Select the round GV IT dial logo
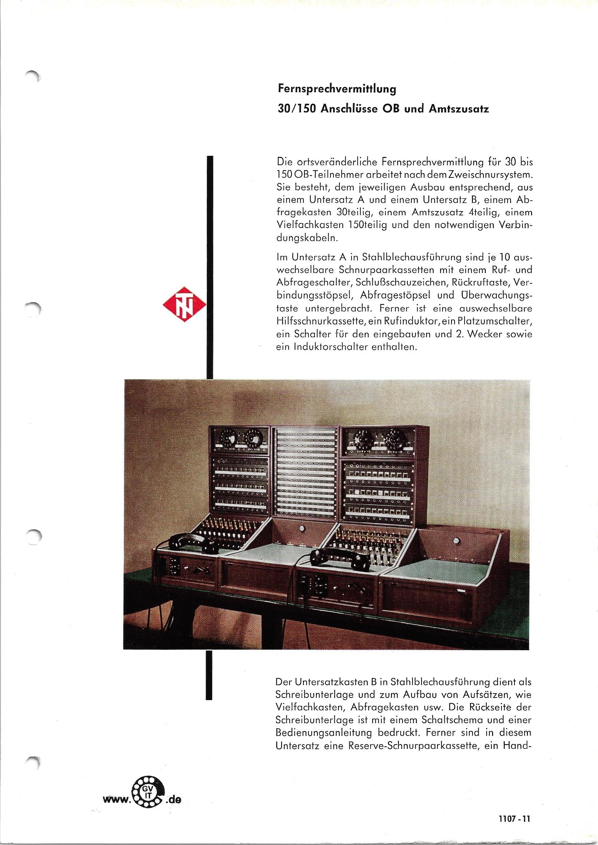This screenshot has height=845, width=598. click(x=149, y=789)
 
